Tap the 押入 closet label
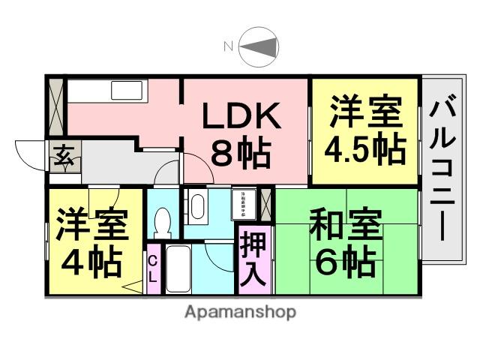click(253, 259)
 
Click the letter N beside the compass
click(229, 47)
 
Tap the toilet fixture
click(162, 220)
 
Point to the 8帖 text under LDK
click(241, 153)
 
